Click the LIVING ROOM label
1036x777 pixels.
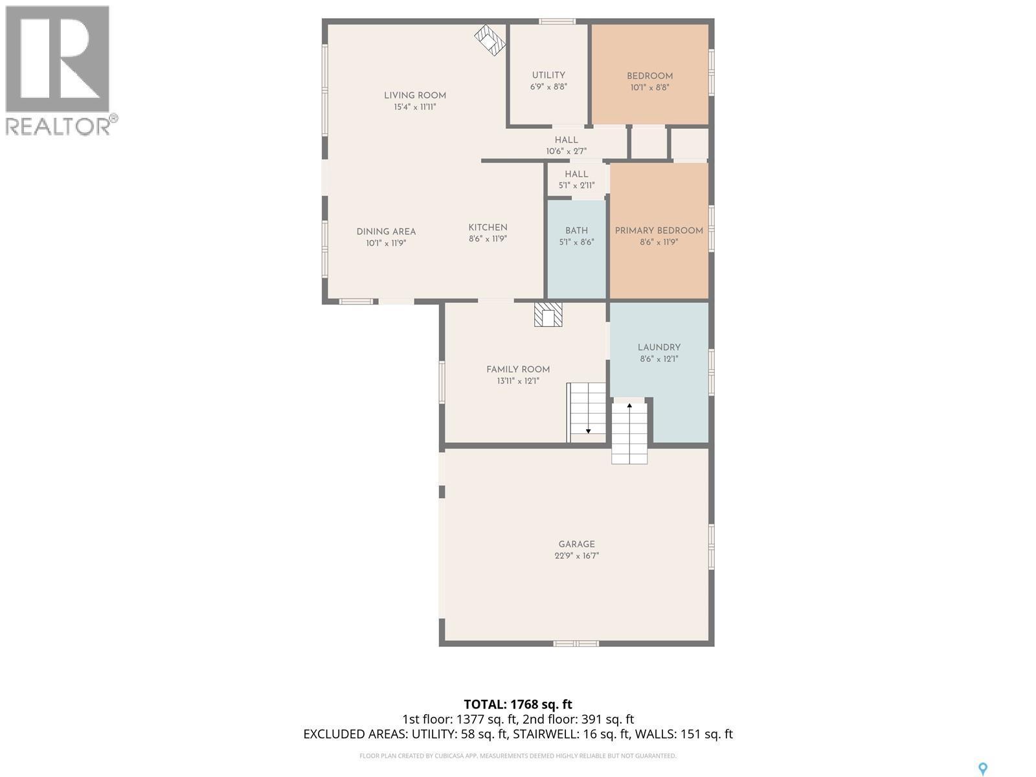[415, 95]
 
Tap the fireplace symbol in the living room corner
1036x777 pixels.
[490, 41]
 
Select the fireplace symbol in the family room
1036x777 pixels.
[548, 315]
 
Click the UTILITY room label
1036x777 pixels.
[548, 75]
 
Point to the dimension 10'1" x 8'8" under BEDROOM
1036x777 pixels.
[649, 87]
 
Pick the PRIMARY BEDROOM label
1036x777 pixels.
[659, 231]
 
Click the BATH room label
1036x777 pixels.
[576, 231]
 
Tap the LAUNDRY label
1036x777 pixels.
[659, 348]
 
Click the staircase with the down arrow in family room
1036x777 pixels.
[587, 412]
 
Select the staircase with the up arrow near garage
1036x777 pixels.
[629, 432]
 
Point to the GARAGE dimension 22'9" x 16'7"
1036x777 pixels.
[576, 556]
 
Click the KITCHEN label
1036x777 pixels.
[488, 227]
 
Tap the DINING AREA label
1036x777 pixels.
[386, 232]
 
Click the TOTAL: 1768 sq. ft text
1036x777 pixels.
[518, 704]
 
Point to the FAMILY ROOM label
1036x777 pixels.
[518, 370]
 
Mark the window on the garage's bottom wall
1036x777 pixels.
[576, 643]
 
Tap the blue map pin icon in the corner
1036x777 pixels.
[982, 769]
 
